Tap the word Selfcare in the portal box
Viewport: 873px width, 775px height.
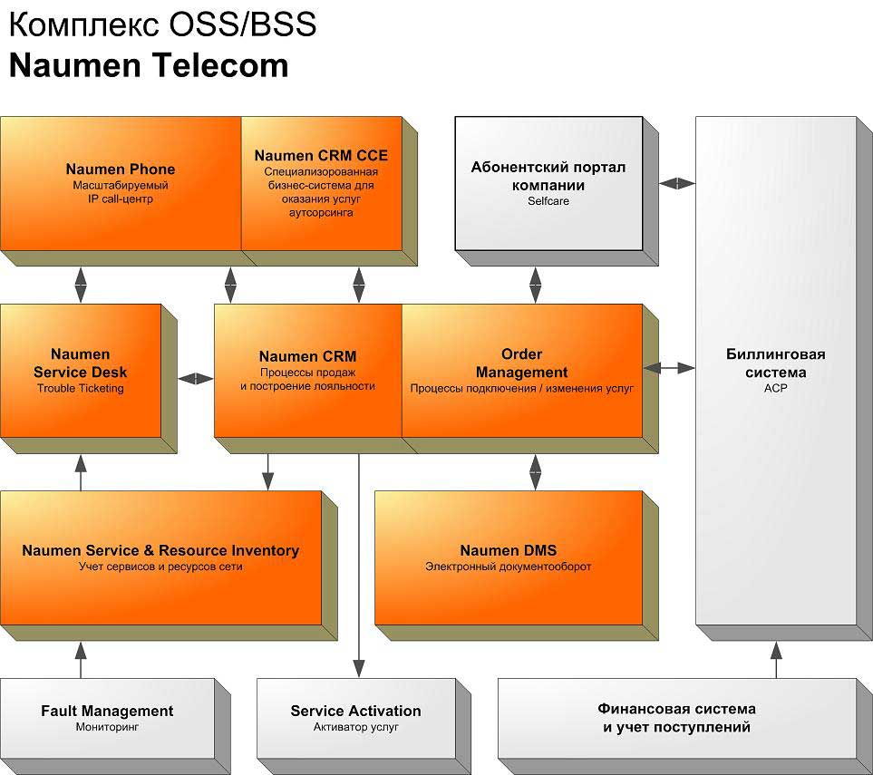tap(548, 201)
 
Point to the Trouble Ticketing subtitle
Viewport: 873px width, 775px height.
tap(80, 389)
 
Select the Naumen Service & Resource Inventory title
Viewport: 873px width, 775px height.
tap(160, 550)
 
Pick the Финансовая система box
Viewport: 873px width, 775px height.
tap(676, 717)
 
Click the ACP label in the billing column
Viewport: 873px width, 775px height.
tap(776, 387)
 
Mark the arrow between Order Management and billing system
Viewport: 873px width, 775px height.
tap(669, 368)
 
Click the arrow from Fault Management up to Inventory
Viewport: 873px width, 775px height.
tap(81, 660)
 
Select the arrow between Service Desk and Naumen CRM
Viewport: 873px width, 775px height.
tap(195, 379)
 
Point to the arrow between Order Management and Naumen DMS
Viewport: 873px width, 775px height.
tap(535, 471)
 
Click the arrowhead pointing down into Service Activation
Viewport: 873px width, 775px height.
tap(359, 669)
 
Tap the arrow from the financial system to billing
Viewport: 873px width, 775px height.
tap(776, 660)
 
